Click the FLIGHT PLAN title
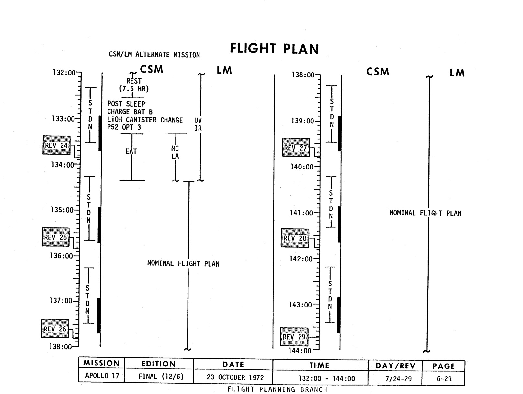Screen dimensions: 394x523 click(x=274, y=49)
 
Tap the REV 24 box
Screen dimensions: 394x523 click(x=56, y=145)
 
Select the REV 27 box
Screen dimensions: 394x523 click(x=296, y=148)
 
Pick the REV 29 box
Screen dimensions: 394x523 click(x=294, y=337)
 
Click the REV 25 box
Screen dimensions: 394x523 click(x=56, y=237)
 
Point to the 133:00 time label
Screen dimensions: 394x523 click(x=63, y=119)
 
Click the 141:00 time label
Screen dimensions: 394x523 click(x=301, y=213)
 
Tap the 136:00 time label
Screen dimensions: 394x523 click(x=61, y=256)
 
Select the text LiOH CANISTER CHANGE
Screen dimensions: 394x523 click(x=145, y=120)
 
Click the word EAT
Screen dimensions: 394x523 click(x=131, y=151)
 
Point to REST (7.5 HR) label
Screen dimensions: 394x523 click(x=134, y=85)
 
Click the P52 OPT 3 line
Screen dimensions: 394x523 click(x=124, y=127)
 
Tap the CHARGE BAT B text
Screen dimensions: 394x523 click(x=130, y=112)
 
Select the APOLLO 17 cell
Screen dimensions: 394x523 click(x=102, y=376)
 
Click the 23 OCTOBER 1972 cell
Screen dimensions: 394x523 click(x=235, y=378)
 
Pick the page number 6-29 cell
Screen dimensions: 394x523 click(x=444, y=378)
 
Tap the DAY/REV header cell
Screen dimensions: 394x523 click(x=395, y=366)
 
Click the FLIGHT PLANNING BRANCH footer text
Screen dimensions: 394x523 click(x=277, y=389)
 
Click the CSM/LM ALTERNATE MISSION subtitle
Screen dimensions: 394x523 click(x=154, y=55)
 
